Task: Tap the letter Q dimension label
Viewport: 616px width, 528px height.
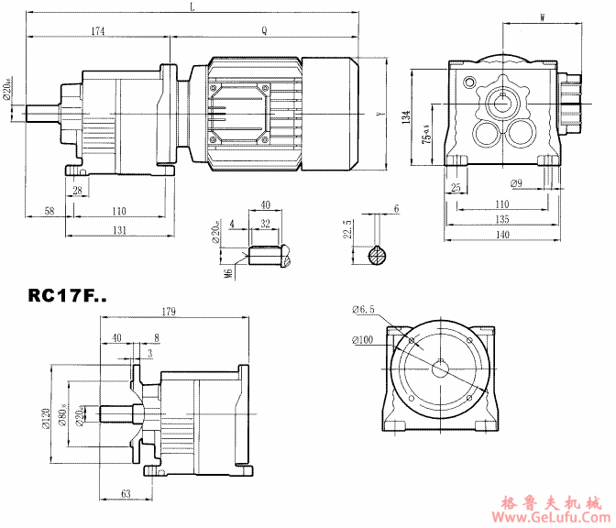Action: [264, 30]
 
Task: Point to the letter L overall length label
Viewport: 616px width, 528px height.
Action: [192, 7]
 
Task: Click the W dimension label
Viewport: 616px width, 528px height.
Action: [544, 16]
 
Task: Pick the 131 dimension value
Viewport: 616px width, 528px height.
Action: [120, 231]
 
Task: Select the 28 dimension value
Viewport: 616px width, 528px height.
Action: [77, 190]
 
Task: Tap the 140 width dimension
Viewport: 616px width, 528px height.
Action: [501, 235]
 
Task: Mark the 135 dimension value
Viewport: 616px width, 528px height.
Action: [501, 219]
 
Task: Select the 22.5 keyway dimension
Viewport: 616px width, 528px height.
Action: [347, 226]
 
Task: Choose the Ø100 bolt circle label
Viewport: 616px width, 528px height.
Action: [363, 342]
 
